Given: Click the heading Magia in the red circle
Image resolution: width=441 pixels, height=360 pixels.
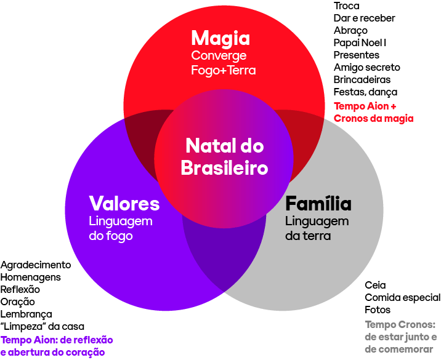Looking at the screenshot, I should click(x=220, y=38).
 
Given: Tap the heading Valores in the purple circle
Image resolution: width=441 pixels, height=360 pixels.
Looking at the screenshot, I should click(x=124, y=204).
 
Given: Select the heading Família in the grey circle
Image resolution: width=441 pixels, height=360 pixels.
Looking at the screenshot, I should click(x=318, y=204).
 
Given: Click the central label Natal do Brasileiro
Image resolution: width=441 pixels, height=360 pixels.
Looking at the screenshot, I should click(x=224, y=156).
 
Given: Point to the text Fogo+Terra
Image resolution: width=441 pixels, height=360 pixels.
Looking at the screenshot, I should click(x=223, y=70).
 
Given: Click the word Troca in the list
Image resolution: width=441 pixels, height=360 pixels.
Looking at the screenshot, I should click(x=346, y=6).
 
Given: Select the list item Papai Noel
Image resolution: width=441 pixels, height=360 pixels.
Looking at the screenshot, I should click(x=360, y=43).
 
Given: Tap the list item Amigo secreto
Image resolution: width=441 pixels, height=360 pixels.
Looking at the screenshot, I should click(x=366, y=68).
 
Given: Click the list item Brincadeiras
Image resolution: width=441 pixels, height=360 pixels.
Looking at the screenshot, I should click(x=362, y=80).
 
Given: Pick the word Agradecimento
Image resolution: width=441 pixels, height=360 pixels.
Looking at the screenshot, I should click(x=36, y=265).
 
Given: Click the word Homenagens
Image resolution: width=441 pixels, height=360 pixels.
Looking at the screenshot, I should click(x=31, y=278).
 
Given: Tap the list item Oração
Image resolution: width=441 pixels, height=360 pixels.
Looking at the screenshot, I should click(x=18, y=302).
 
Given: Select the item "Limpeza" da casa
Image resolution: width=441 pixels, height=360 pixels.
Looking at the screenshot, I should click(x=42, y=326).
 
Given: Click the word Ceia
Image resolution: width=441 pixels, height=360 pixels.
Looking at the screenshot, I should click(x=375, y=285).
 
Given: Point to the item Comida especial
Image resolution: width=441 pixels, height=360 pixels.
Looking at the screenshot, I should click(x=402, y=297).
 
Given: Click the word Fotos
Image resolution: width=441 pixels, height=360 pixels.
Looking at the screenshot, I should click(x=378, y=310).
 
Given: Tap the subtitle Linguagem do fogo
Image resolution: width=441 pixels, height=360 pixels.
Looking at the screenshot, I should click(x=121, y=228).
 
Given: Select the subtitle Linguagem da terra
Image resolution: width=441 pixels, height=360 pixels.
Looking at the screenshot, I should click(x=317, y=228).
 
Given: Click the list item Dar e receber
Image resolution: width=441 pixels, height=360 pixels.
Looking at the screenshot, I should click(x=364, y=18).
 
